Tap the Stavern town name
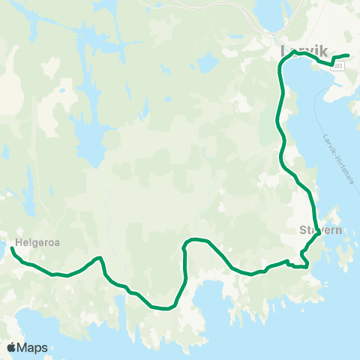320,230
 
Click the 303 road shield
340,67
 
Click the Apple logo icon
12,347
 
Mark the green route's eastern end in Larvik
348,55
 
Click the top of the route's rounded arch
196,239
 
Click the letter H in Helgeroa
17,242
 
